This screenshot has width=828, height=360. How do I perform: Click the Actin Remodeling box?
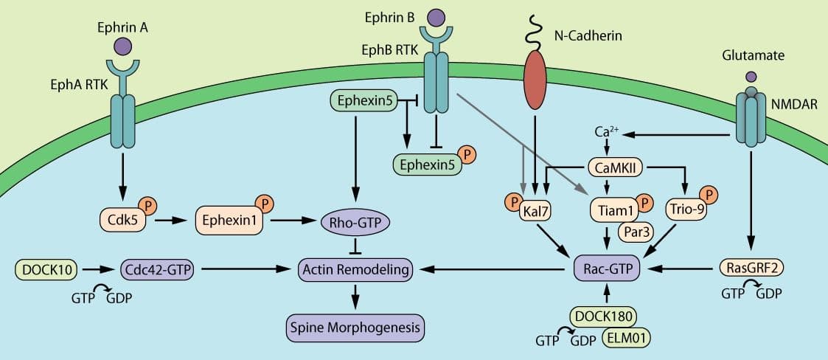[x=355, y=271]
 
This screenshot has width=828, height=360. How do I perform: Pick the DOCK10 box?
[x=46, y=271]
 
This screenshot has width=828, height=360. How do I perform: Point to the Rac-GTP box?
[x=606, y=271]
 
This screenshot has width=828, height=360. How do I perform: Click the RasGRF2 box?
[x=751, y=271]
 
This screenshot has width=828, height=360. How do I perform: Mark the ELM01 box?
[x=625, y=337]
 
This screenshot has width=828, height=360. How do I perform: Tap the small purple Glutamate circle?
[x=751, y=77]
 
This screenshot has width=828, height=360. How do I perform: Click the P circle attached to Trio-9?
[x=710, y=195]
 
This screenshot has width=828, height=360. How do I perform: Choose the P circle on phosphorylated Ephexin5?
[x=467, y=154]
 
